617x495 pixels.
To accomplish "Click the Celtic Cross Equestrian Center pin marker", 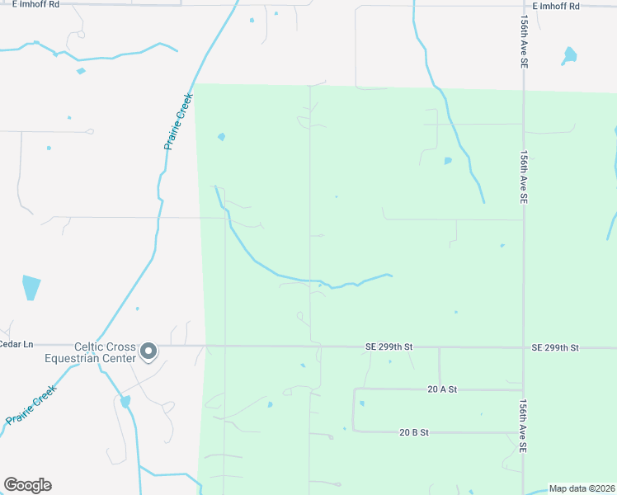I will (x=148, y=351).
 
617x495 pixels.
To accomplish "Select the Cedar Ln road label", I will (x=16, y=344).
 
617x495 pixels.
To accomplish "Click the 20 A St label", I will (x=442, y=389).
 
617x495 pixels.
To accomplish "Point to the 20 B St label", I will (x=417, y=431).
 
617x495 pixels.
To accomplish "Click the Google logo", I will (x=27, y=485).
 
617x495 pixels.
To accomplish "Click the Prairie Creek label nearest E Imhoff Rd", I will (x=178, y=120).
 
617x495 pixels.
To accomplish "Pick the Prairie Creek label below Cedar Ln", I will (x=31, y=405).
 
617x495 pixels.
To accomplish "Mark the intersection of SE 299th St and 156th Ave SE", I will (x=523, y=348).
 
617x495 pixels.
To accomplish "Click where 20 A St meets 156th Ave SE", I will (x=523, y=389).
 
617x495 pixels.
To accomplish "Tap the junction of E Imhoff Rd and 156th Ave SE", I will (x=523, y=7).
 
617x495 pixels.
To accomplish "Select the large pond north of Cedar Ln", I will (x=31, y=287).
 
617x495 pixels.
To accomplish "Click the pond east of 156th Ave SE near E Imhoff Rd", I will (x=569, y=56).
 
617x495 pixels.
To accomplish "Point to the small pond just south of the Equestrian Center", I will (x=125, y=402).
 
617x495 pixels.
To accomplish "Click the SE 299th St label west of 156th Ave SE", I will (x=389, y=348).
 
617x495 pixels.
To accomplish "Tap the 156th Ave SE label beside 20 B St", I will (x=523, y=426).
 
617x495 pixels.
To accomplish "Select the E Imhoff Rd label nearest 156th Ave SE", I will (x=556, y=6).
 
